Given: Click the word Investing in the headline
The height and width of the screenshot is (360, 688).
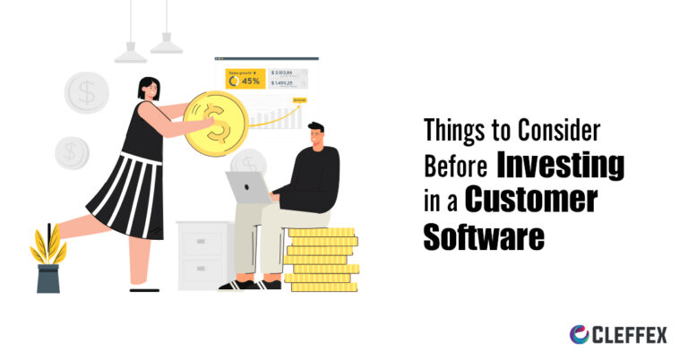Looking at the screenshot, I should pos(561,167).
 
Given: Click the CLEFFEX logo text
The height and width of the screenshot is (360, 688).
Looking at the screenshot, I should pos(631,334).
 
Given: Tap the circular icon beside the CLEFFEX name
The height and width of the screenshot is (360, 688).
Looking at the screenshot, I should pos(580,334).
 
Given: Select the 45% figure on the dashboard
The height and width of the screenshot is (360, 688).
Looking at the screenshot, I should pos(250,81).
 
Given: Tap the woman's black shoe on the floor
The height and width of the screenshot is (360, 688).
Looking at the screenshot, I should pos(144,288).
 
